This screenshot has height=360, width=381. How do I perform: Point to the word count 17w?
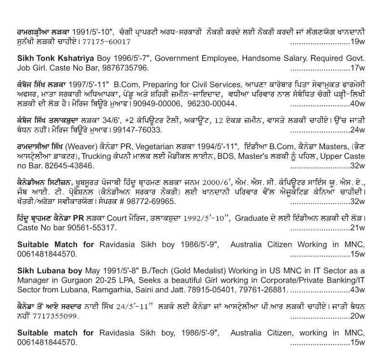(x=357, y=67)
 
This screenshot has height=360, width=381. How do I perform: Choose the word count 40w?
(x=357, y=104)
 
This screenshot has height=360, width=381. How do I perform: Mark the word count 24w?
(x=357, y=130)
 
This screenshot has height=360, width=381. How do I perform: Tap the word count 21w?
(x=357, y=227)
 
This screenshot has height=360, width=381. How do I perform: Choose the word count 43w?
(x=357, y=290)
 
